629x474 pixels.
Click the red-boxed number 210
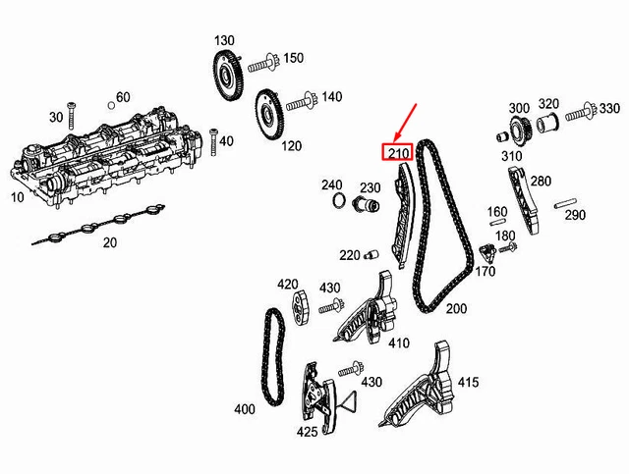click(x=397, y=153)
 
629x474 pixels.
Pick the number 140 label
click(x=331, y=97)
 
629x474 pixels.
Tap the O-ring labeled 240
click(x=338, y=203)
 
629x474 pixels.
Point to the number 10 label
click(x=17, y=197)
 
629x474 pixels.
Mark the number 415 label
click(x=468, y=381)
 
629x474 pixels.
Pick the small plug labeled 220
click(x=372, y=256)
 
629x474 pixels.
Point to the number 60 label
click(x=123, y=96)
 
